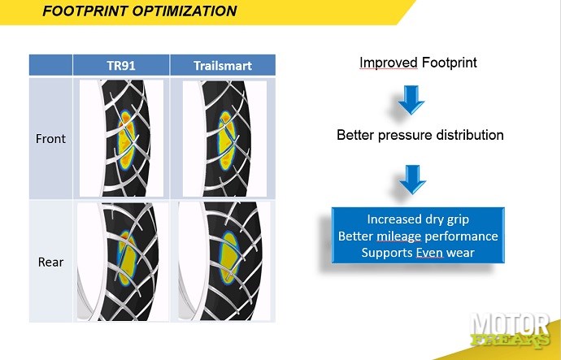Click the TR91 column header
point(121,66)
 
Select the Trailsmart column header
point(223,66)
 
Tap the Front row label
point(50,139)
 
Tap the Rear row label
point(50,262)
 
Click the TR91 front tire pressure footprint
point(127,140)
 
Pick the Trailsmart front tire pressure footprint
point(226,140)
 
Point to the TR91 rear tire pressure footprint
point(126,258)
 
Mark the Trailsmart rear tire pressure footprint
point(228,258)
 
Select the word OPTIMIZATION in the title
point(185,11)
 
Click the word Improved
point(388,63)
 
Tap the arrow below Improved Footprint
point(411,100)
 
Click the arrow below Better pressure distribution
point(412,180)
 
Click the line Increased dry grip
point(418,219)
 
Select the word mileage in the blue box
point(398,236)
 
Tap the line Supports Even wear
point(418,253)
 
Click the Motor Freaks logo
point(511,331)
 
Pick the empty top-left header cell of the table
point(50,66)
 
